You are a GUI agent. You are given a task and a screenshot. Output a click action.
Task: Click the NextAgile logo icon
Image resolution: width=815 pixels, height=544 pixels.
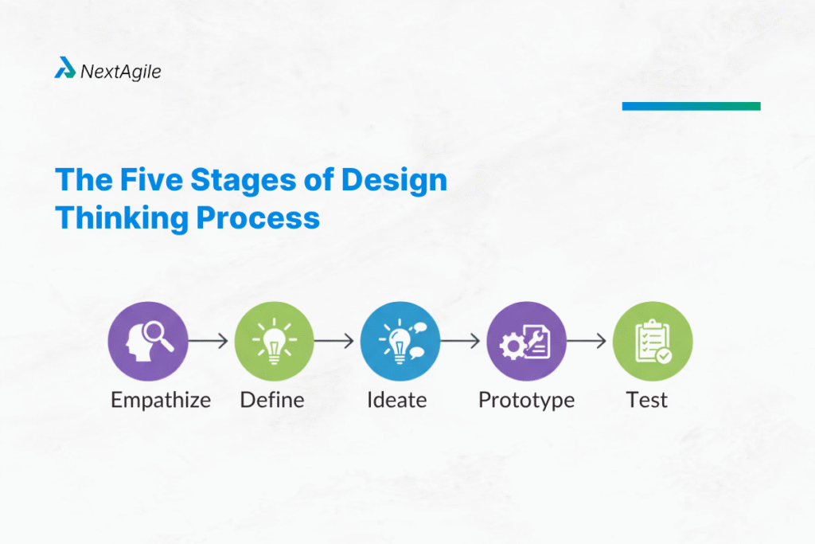pos(64,69)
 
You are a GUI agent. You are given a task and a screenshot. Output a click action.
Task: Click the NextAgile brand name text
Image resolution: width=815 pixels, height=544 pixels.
pos(120,72)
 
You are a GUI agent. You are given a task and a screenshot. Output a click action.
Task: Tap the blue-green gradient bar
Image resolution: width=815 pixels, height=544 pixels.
pos(691,106)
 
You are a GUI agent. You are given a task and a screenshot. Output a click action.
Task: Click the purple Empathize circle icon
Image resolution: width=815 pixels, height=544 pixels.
pos(148,341)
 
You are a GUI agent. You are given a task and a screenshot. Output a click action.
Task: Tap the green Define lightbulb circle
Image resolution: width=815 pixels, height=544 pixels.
pos(274,341)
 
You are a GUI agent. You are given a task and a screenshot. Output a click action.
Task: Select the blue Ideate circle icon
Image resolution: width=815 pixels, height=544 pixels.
pos(400,341)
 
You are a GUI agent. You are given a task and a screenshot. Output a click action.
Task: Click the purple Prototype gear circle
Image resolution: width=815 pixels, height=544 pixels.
pos(526,341)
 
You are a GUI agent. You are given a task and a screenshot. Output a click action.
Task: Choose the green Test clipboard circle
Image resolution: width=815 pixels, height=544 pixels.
pos(653,341)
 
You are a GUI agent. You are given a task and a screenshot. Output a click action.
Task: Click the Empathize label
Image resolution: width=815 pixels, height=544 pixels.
pos(161,400)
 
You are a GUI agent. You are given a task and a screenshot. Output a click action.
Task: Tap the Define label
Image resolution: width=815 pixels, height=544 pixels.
pos(272,399)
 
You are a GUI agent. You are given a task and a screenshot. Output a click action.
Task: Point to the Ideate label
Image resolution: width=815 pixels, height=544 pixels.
pos(396,399)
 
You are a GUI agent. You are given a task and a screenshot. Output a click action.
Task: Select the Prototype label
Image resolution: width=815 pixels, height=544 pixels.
pos(526,400)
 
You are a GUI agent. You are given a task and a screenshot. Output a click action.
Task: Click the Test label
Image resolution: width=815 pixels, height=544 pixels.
pos(647,399)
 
